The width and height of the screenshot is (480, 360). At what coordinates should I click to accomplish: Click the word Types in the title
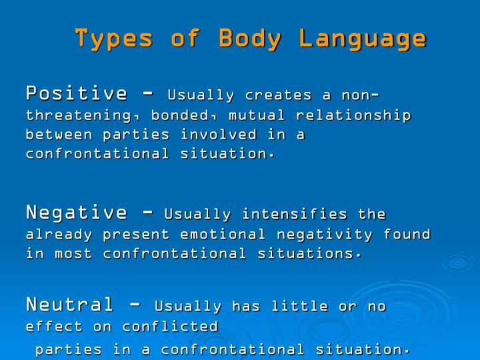pos(114,38)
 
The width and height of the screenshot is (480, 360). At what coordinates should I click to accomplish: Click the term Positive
pos(76,93)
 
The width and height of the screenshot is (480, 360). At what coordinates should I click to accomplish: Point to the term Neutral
pos(70,305)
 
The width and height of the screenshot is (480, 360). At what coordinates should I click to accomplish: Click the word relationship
pos(353,115)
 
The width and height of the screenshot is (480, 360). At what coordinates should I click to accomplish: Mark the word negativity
pos(334,235)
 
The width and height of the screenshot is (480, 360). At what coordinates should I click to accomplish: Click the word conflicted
pos(170,327)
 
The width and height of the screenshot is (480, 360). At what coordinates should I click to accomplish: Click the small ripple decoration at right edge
pos(457,262)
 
